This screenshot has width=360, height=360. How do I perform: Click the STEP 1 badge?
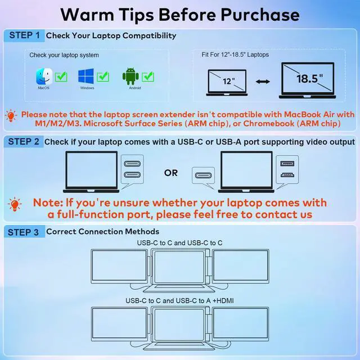pyautogui.click(x=24, y=35)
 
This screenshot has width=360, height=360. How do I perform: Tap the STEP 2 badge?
pyautogui.click(x=24, y=142)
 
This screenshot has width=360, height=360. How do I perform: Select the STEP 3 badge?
pyautogui.click(x=24, y=231)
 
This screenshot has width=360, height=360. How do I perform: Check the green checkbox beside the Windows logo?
pyautogui.click(x=103, y=75)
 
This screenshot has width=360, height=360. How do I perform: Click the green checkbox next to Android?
pyautogui.click(x=148, y=75)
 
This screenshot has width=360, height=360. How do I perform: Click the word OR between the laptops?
pyautogui.click(x=171, y=173)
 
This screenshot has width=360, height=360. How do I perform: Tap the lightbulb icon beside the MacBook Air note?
pyautogui.click(x=11, y=114)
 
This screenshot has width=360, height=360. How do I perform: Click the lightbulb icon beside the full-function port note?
pyautogui.click(x=15, y=204)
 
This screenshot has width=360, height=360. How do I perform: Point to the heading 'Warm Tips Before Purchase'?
pyautogui.click(x=179, y=13)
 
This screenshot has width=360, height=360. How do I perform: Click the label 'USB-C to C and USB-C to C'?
pyautogui.click(x=179, y=242)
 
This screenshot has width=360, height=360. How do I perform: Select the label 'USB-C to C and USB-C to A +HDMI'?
pyautogui.click(x=179, y=301)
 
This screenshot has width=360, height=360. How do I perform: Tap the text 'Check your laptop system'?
pyautogui.click(x=64, y=55)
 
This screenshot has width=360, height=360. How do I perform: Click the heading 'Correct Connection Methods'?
pyautogui.click(x=102, y=231)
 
